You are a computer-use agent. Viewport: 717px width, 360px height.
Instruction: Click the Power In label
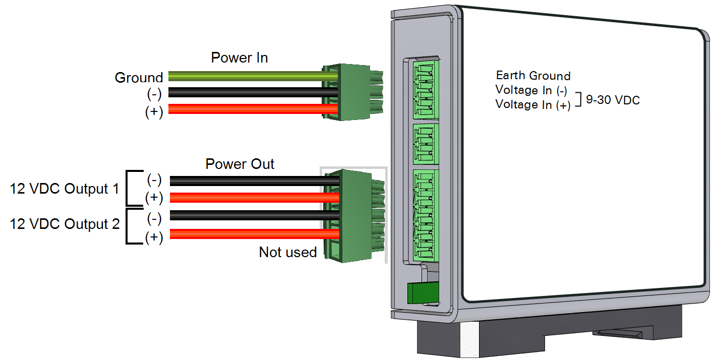[239, 57]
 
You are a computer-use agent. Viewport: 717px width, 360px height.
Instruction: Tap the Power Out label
[240, 164]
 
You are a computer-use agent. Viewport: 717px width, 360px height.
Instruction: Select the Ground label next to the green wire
[139, 78]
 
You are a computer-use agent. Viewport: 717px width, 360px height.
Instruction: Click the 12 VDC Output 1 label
[64, 189]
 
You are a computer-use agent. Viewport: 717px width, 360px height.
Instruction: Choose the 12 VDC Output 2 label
[64, 223]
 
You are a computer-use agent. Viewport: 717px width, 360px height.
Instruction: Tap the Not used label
[287, 252]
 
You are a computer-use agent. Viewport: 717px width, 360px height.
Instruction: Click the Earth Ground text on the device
[533, 76]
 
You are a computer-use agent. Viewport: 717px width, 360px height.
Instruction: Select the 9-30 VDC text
[613, 100]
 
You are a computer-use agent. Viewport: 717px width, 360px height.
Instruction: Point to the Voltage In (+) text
[532, 104]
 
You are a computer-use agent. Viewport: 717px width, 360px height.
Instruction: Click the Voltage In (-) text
[531, 90]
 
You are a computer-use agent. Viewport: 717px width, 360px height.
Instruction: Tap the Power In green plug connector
[348, 92]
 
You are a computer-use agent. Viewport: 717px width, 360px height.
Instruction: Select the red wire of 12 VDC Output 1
[252, 198]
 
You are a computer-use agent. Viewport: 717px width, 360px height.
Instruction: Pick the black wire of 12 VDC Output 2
[252, 216]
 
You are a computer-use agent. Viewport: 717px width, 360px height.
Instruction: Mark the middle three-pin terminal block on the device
[426, 143]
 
